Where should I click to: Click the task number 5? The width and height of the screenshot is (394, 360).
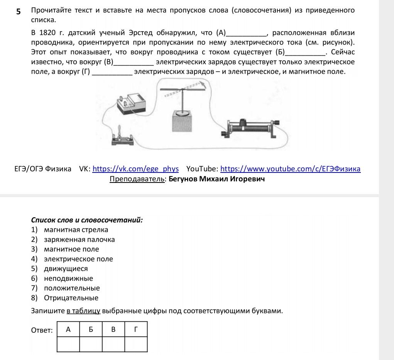point(19,11)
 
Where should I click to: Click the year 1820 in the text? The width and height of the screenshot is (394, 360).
point(47,33)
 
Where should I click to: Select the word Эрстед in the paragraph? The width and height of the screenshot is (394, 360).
point(140,33)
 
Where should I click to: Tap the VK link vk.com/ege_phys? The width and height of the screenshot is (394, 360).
point(135,169)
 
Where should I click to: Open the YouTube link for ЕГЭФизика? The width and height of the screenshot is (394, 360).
point(290,169)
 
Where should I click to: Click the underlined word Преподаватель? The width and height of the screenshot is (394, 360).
point(137,179)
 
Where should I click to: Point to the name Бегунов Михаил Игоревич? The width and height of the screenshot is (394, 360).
point(216,179)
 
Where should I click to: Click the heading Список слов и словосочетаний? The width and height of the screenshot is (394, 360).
point(87,220)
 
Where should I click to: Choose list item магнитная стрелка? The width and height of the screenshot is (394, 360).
point(76,230)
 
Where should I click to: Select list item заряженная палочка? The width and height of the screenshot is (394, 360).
point(79,239)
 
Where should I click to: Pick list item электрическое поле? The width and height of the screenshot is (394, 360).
point(78,259)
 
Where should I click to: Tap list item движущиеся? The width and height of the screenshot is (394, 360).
point(66,269)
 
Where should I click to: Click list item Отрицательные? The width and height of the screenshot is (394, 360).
point(71,298)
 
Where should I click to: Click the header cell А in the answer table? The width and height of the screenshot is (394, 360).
point(68,329)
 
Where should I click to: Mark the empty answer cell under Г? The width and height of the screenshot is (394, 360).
point(136,344)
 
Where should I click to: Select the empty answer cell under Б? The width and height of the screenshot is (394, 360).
point(91,344)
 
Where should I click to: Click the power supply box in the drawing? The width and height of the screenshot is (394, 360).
point(132,103)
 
